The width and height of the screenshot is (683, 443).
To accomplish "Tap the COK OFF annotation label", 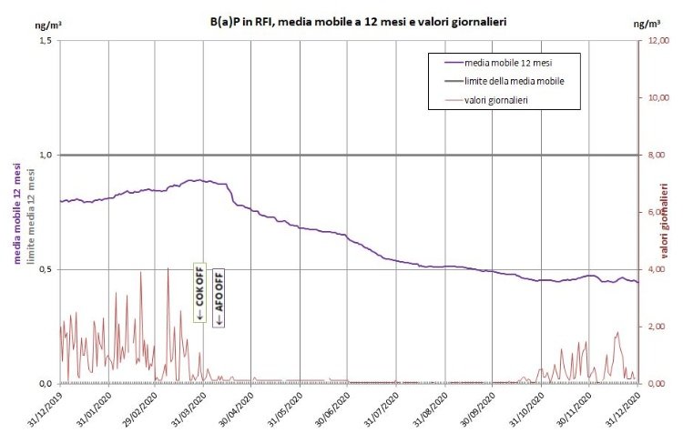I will tap(199, 293).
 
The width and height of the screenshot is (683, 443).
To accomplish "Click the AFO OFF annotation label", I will tap(219, 297).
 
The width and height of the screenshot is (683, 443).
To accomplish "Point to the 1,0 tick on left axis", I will tap(43, 156).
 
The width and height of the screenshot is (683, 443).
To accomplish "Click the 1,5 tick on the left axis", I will tap(43, 41).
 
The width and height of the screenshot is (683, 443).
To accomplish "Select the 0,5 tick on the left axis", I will tap(43, 269).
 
